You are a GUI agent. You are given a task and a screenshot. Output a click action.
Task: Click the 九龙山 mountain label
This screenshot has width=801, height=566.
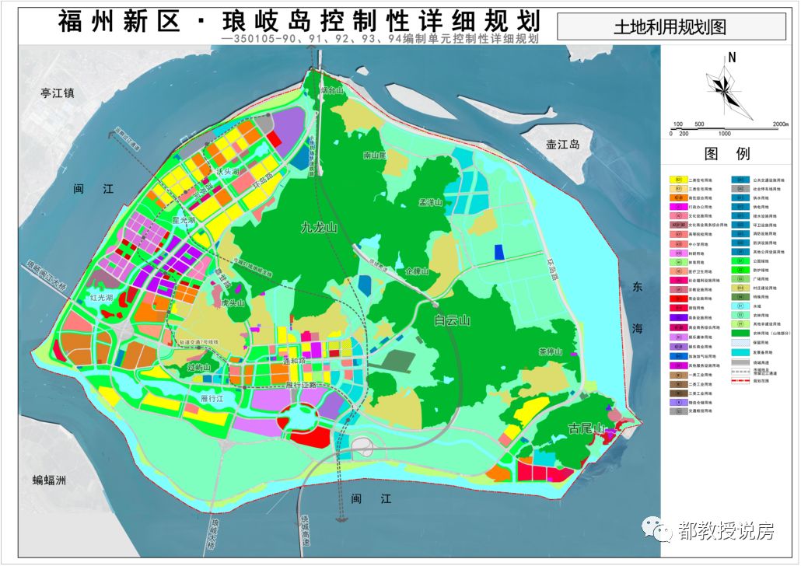(320, 228)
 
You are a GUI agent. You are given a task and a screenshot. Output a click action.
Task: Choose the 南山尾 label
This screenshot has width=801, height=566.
(375, 155)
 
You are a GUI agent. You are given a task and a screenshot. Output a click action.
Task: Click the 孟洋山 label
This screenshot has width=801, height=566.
(430, 203)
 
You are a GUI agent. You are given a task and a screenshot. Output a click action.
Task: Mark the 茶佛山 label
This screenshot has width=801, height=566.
(550, 351)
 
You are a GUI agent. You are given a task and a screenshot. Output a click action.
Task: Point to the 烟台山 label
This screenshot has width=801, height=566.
(332, 91)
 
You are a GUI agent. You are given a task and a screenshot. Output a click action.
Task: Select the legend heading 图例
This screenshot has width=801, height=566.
(726, 154)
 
